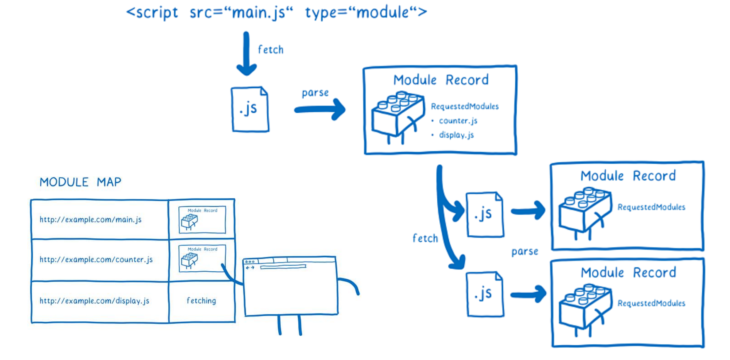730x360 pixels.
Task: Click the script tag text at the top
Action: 276,12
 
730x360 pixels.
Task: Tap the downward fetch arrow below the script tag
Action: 246,54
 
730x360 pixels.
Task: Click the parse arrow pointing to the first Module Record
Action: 320,110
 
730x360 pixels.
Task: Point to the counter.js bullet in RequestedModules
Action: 458,121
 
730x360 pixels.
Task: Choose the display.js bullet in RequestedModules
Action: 456,135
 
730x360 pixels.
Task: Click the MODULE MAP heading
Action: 80,182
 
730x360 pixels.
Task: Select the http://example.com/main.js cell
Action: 91,220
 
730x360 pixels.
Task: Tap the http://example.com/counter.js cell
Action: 96,260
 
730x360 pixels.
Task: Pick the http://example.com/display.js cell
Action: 94,301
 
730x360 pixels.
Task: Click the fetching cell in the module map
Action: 202,301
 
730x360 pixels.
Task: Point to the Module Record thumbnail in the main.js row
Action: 202,220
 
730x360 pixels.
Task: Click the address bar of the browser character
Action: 283,267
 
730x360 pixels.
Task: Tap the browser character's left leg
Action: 279,325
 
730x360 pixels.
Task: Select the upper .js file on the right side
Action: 485,214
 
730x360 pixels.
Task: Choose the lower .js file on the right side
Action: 485,294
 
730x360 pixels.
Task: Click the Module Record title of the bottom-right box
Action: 628,273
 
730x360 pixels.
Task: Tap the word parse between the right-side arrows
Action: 525,252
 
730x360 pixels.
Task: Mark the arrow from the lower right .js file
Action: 528,294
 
